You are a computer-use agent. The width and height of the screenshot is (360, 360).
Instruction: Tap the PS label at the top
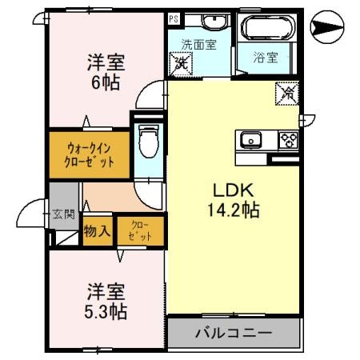174,18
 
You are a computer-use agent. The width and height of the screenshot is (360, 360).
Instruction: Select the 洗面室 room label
198,45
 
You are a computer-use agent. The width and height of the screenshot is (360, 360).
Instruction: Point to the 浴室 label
266,58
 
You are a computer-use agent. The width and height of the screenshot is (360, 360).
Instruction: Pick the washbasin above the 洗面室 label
212,22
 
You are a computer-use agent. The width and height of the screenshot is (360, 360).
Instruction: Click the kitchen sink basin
251,142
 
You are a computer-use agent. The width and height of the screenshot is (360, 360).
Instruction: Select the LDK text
233,191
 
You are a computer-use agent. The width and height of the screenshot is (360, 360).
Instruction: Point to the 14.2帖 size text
234,211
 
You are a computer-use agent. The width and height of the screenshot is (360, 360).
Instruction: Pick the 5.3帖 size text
106,309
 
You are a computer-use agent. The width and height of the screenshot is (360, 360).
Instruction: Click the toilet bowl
147,143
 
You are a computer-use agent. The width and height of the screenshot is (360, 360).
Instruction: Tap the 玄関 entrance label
63,214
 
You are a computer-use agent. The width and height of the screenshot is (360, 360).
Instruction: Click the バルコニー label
234,333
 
